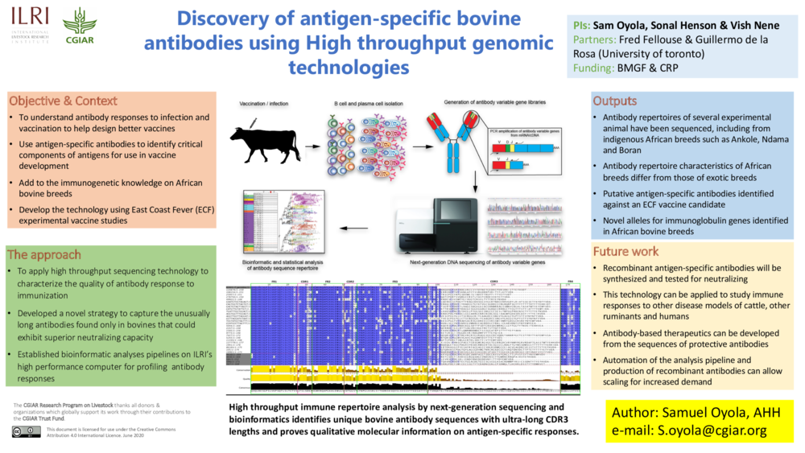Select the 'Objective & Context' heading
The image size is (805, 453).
coord(63,101)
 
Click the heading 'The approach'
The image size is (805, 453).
coord(44,255)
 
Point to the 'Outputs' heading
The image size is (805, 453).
coord(615,101)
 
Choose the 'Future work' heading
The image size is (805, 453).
coord(625,251)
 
